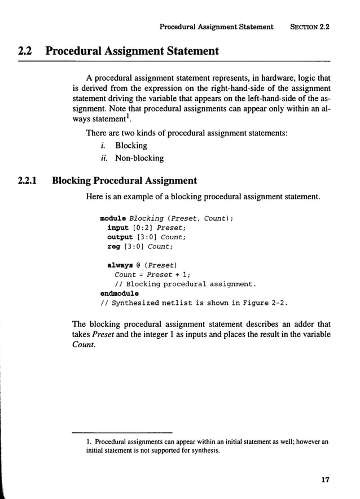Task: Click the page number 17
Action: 324,480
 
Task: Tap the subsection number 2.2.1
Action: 27,181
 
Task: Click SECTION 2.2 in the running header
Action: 309,27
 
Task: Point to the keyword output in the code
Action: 120,237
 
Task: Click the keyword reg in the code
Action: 113,246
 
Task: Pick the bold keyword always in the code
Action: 120,265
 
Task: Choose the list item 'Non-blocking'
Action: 139,159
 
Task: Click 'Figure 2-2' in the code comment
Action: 262,303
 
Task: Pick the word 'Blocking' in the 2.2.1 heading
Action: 72,181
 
